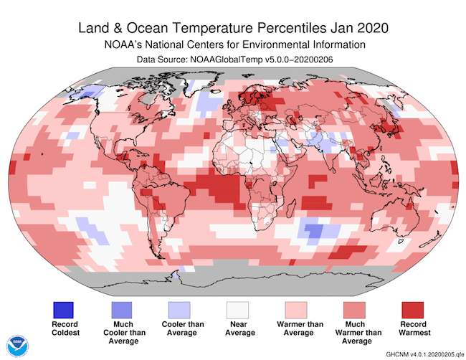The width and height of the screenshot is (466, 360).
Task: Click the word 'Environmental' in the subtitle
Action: pyautogui.click(x=275, y=44)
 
